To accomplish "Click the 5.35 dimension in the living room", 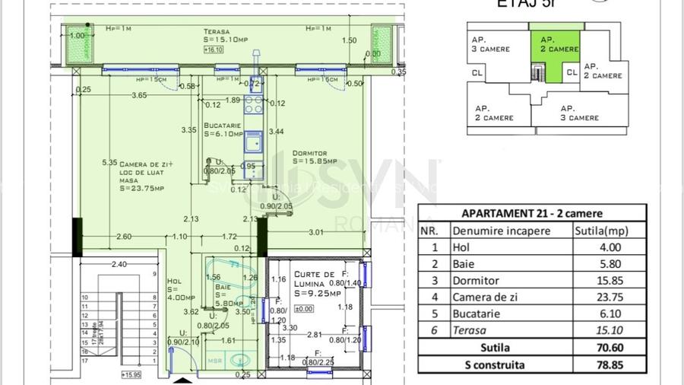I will [110, 162].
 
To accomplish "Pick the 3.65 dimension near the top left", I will [139, 95].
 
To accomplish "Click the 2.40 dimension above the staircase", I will [119, 265].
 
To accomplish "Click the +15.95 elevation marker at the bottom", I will [131, 374].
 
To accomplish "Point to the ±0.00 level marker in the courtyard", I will [303, 308].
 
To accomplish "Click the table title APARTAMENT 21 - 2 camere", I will [532, 212].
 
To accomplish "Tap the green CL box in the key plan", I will [572, 73].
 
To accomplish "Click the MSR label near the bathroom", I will [216, 361].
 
